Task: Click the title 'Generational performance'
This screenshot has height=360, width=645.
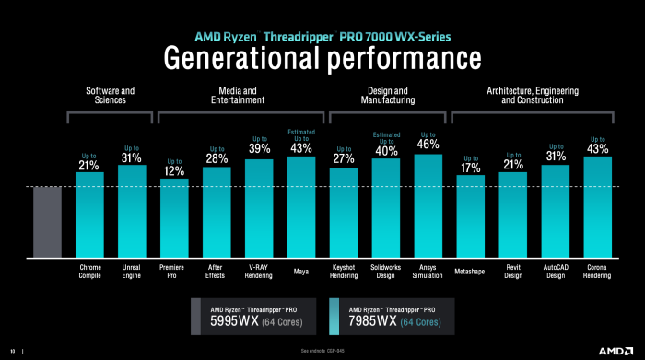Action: coord(322,57)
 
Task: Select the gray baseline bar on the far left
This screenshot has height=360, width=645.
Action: coord(47,220)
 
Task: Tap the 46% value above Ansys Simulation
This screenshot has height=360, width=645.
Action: coord(428,144)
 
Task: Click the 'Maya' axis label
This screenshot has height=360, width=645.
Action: coord(301,271)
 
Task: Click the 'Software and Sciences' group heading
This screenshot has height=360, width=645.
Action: coord(111,96)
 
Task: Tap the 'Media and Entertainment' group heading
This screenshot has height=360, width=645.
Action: coord(237,96)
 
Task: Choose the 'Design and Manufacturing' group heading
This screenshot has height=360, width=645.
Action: coord(386,96)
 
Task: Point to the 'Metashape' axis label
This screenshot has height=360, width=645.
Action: coord(471,271)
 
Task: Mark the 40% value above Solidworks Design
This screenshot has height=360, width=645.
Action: coord(386,150)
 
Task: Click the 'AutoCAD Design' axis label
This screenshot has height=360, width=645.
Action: coord(556,274)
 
